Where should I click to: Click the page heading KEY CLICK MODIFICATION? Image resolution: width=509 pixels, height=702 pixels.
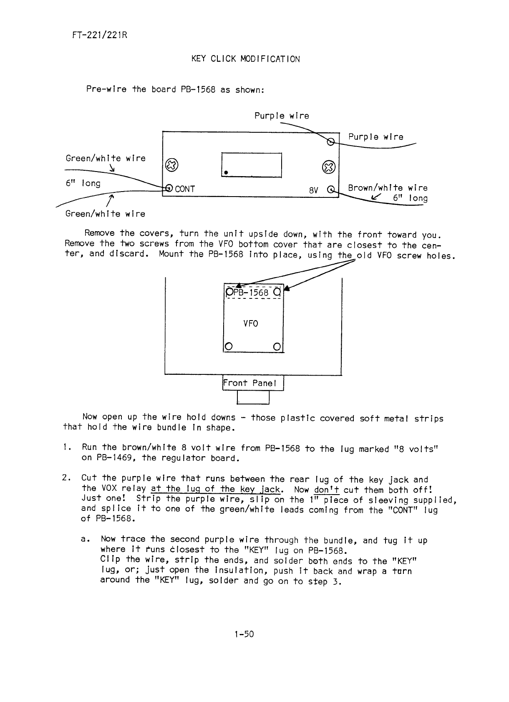click(245, 59)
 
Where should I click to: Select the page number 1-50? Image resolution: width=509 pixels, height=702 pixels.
click(244, 634)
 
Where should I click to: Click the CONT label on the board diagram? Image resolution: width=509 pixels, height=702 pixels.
click(185, 189)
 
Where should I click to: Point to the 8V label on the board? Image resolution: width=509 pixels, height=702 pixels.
click(314, 190)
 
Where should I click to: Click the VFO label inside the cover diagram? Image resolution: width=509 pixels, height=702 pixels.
click(251, 323)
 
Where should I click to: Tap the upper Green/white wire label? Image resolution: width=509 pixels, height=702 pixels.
click(106, 158)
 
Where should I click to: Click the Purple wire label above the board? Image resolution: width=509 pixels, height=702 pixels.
click(282, 116)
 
